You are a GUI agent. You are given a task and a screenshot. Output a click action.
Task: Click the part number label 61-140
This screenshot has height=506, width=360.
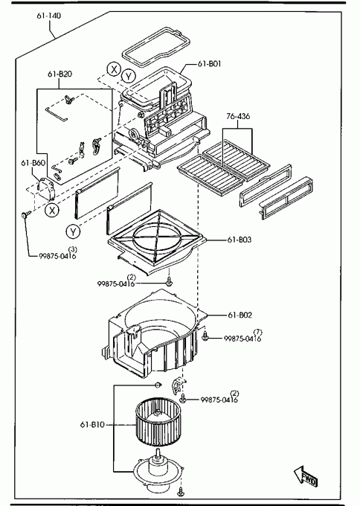point(48,16)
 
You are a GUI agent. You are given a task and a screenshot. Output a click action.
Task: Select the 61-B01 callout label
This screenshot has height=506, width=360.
point(209,64)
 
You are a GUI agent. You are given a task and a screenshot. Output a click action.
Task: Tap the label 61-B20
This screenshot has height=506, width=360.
point(60,74)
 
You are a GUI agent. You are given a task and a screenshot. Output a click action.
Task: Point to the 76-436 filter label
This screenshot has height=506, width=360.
point(238,116)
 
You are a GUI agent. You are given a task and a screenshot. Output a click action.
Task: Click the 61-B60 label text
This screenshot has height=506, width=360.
point(33,163)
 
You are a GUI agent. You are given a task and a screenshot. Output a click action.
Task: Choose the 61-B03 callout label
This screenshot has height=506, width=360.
point(239,240)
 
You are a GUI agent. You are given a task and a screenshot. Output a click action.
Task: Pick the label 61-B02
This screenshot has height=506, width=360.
point(240,315)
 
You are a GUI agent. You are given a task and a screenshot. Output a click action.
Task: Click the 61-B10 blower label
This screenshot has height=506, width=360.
point(92,424)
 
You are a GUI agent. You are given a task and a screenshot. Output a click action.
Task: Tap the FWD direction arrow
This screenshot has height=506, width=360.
point(306,476)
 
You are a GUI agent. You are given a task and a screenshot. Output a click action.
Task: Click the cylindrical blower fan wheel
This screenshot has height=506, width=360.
point(158,421)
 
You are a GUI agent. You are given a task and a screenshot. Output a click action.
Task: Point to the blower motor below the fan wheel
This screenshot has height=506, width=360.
point(158,469)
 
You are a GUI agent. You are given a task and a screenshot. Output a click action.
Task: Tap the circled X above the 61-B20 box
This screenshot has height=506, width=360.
point(114,69)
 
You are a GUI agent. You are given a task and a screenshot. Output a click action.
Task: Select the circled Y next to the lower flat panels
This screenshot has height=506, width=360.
point(73,231)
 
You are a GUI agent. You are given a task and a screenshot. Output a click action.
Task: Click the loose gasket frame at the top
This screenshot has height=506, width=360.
point(155,47)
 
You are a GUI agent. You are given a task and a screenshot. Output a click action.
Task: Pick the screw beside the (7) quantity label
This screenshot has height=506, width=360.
point(205,337)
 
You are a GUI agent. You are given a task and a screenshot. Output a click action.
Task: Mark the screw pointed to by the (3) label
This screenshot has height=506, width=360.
point(25,214)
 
